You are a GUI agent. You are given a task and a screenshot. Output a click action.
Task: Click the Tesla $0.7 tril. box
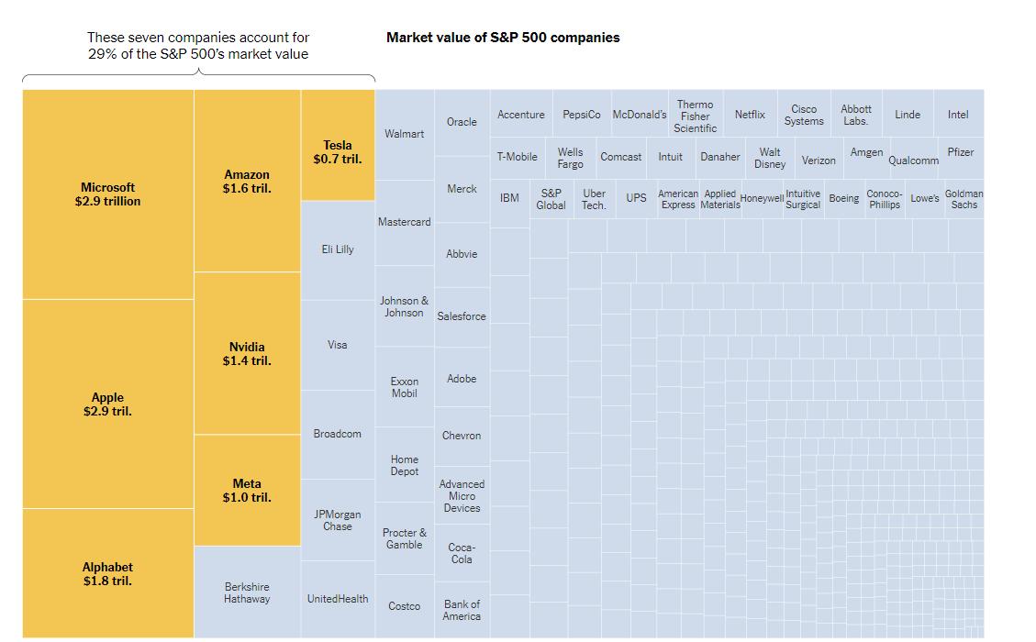[338, 145]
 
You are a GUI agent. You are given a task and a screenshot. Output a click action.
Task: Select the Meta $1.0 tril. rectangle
[247, 490]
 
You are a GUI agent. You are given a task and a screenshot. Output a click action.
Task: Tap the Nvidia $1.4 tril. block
[247, 353]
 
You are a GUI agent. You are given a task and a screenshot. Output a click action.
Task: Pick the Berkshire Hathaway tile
[247, 592]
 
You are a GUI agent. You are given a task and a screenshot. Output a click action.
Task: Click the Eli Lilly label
[338, 249]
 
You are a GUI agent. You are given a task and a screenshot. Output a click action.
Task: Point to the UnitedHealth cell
[338, 599]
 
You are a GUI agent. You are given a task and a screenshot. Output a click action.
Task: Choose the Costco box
[405, 605]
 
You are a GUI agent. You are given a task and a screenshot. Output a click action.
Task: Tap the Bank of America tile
[462, 610]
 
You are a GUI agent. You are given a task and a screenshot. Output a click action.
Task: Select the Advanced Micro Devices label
[462, 496]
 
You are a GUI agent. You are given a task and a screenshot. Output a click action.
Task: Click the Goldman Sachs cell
[964, 199]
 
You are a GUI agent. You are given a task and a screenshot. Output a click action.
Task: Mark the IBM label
[509, 197]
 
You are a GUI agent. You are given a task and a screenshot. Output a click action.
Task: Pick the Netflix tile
[750, 114]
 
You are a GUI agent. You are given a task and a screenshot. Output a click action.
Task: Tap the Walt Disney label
[770, 158]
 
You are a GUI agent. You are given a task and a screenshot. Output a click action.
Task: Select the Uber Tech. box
[594, 199]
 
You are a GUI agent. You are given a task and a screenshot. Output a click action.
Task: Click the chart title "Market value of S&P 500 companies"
[503, 38]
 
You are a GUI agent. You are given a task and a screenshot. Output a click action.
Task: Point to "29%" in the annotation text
[102, 54]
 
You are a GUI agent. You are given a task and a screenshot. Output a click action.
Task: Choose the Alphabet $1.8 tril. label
[107, 574]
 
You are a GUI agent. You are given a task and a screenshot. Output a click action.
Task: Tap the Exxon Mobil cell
[405, 387]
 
